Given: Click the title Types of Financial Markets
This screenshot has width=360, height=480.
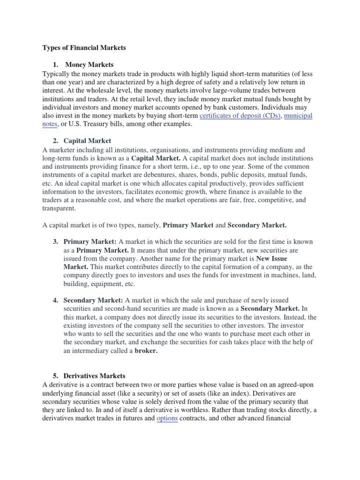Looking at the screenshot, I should (x=84, y=47).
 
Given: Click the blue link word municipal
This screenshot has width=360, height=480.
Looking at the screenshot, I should (x=299, y=115).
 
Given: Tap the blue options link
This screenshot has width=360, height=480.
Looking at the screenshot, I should (x=167, y=419).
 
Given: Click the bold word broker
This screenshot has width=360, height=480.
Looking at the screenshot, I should (x=146, y=351).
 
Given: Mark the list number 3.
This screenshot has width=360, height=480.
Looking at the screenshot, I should (x=55, y=241).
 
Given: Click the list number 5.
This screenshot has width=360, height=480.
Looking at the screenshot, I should (x=55, y=376).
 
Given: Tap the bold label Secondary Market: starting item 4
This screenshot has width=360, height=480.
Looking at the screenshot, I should (x=93, y=300).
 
